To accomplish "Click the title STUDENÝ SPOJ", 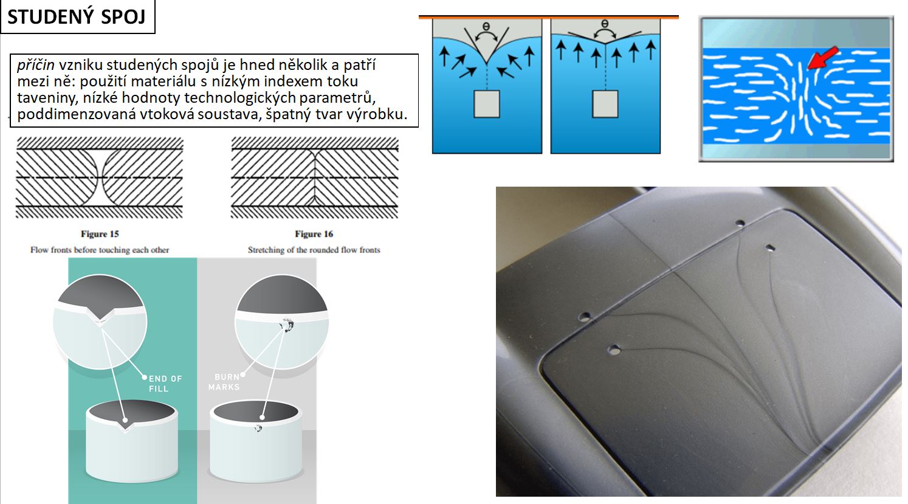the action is [77, 16].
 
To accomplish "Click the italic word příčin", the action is [36, 65].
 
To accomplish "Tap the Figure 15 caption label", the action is [100, 234].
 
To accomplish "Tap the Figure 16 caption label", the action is [314, 234].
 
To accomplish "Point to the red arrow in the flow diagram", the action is [822, 58].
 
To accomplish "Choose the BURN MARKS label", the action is [224, 382].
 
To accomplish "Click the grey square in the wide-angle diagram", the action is [605, 104].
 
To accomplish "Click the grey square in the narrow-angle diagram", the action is [487, 104].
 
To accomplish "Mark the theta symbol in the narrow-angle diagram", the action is [486, 27].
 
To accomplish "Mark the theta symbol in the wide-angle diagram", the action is [605, 24].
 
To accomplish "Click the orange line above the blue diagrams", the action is [548, 17].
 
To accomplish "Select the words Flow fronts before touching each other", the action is [100, 250].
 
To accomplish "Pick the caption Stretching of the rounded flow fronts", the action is [314, 250].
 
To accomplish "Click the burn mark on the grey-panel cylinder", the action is [258, 428].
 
